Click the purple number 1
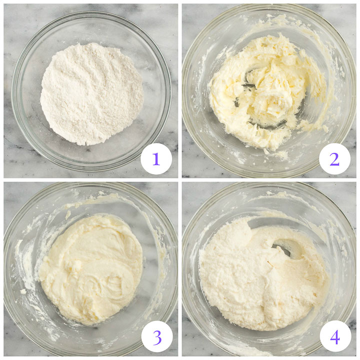pyautogui.click(x=156, y=159)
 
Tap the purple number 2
pyautogui.click(x=334, y=159)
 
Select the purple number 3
pyautogui.click(x=157, y=337)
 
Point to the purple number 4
pyautogui.click(x=334, y=337)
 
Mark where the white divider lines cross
pyautogui.click(x=180, y=180)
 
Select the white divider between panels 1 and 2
pyautogui.click(x=180, y=90)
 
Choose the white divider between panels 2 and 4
pyautogui.click(x=270, y=180)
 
